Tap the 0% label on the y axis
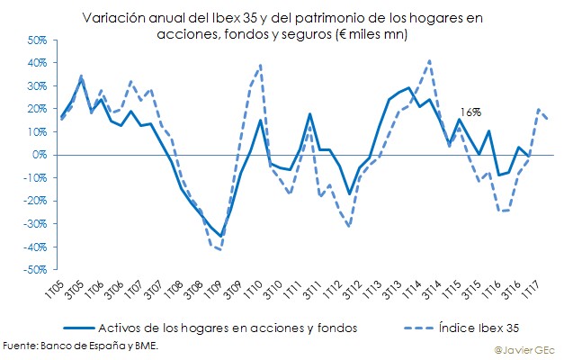click(x=38, y=155)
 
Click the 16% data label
click(x=470, y=112)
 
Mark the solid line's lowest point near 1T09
click(x=220, y=236)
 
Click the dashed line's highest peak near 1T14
click(x=429, y=61)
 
